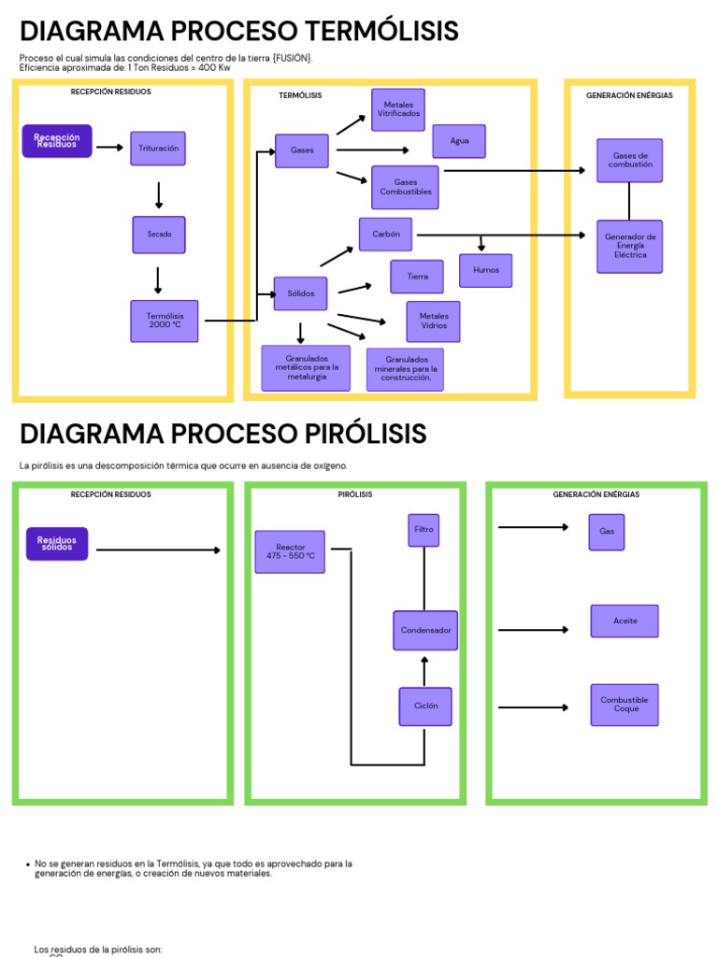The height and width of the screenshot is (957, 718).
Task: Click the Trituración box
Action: tap(158, 149)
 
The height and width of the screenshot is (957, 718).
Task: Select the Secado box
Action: tap(159, 235)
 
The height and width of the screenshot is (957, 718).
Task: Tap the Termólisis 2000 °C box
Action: tap(165, 321)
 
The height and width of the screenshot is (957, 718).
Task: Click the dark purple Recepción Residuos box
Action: tap(57, 141)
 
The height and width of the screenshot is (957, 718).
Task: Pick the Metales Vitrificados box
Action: tap(398, 109)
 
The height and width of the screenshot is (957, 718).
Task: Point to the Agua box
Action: tap(459, 141)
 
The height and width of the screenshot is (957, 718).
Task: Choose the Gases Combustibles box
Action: tap(405, 187)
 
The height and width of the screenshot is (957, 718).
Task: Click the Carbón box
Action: tap(386, 235)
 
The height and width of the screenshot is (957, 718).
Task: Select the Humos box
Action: tap(486, 270)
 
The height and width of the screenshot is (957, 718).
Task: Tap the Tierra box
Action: tap(417, 277)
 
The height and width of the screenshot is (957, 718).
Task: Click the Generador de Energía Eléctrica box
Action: tap(630, 247)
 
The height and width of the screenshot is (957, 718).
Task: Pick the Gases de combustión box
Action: tap(630, 161)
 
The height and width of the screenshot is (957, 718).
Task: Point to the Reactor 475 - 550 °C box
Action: tap(290, 551)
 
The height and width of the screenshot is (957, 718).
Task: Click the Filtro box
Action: tap(424, 530)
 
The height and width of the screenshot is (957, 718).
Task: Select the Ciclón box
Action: tap(425, 707)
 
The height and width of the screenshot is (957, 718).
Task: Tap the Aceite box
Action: tap(625, 621)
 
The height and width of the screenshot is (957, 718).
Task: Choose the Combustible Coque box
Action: tap(625, 705)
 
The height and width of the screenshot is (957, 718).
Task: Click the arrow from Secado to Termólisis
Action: tap(158, 279)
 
